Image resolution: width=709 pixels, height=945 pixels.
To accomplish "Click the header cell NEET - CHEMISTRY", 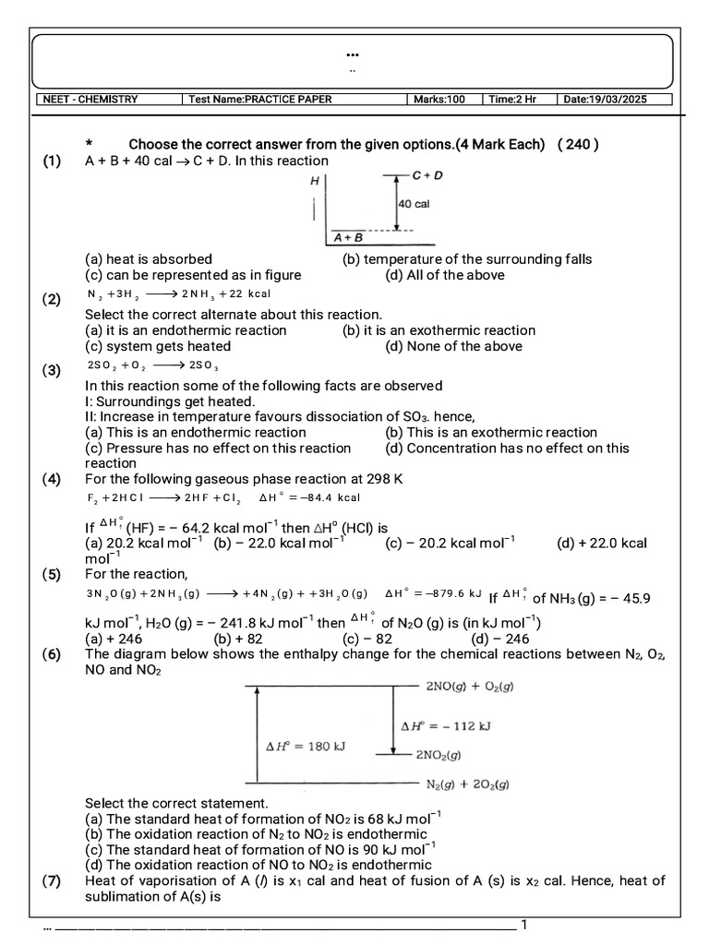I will pos(89,100).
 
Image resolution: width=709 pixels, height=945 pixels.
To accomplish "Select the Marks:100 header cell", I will pos(439,100).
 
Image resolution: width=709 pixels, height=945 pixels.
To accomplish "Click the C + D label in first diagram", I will pos(427,174).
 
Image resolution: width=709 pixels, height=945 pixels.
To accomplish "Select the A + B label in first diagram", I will pos(348,237).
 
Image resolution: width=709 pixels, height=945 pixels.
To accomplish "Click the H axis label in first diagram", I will pos(315,183).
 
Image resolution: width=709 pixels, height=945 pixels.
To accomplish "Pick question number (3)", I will pos(52,371).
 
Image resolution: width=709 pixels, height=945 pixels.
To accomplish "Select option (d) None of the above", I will pos(453,346).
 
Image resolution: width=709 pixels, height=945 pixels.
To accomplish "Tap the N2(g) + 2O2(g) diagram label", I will pos(466,785).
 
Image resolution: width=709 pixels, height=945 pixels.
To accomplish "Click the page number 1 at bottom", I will pos(524,925).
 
